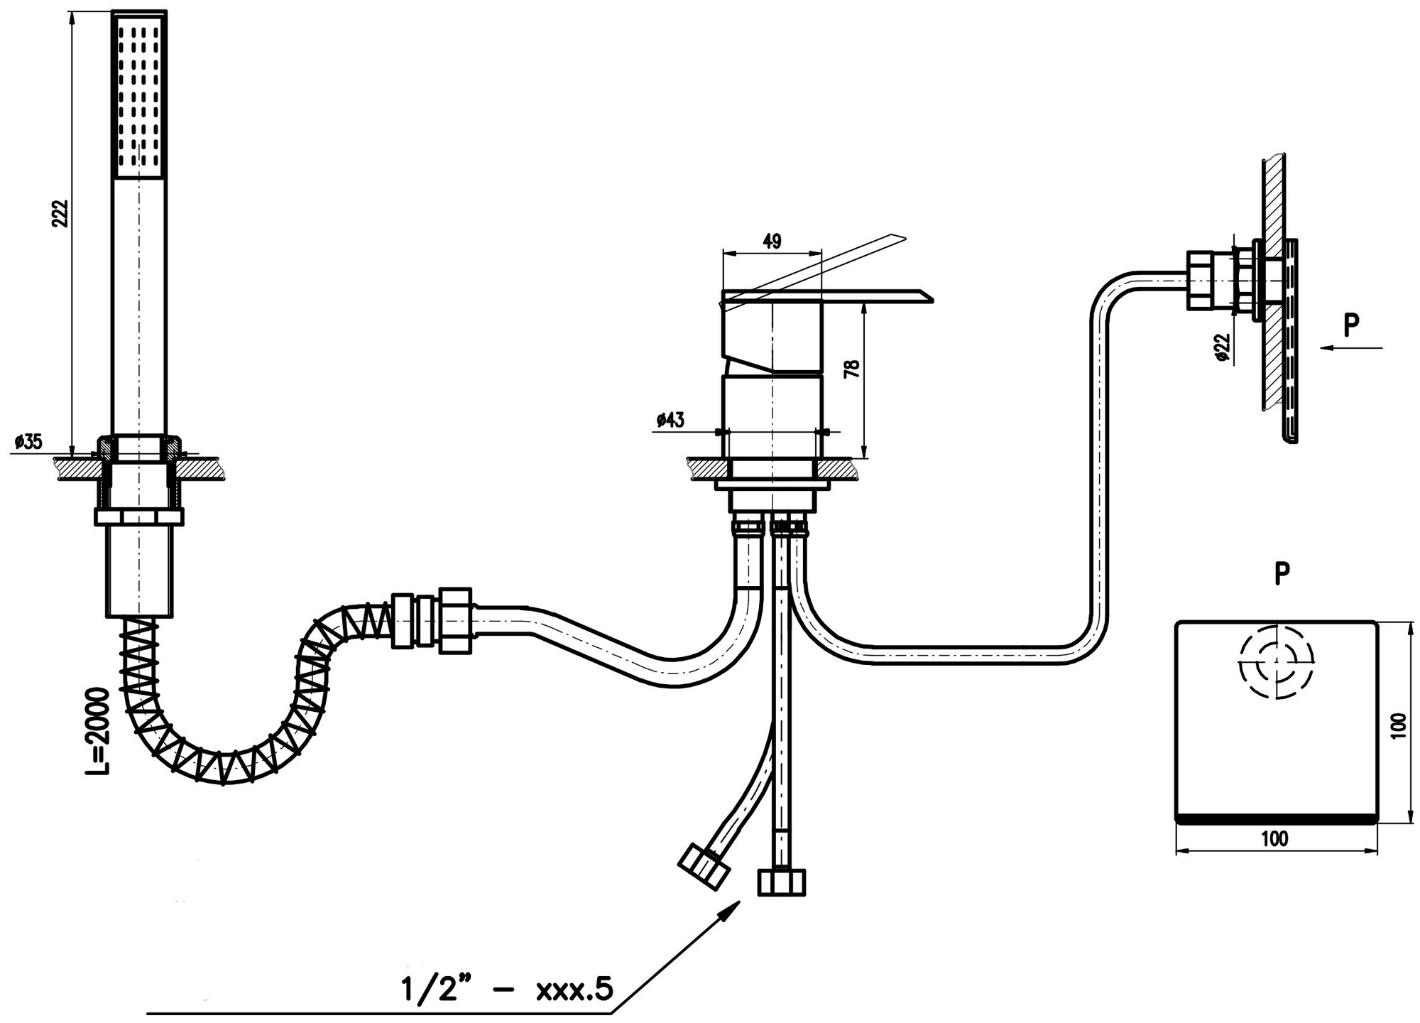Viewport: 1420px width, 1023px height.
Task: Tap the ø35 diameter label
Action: click(27, 442)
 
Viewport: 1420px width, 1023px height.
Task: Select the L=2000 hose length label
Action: click(97, 730)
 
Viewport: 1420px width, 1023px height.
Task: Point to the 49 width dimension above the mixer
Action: click(772, 242)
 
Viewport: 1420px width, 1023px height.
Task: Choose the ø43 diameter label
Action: click(670, 420)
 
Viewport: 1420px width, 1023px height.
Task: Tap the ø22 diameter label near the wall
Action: click(1222, 346)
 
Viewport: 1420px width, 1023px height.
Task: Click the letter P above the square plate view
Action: click(1282, 573)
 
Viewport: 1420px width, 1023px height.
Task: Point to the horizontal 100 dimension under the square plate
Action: click(1274, 839)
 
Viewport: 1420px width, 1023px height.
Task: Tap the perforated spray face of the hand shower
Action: click(141, 94)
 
